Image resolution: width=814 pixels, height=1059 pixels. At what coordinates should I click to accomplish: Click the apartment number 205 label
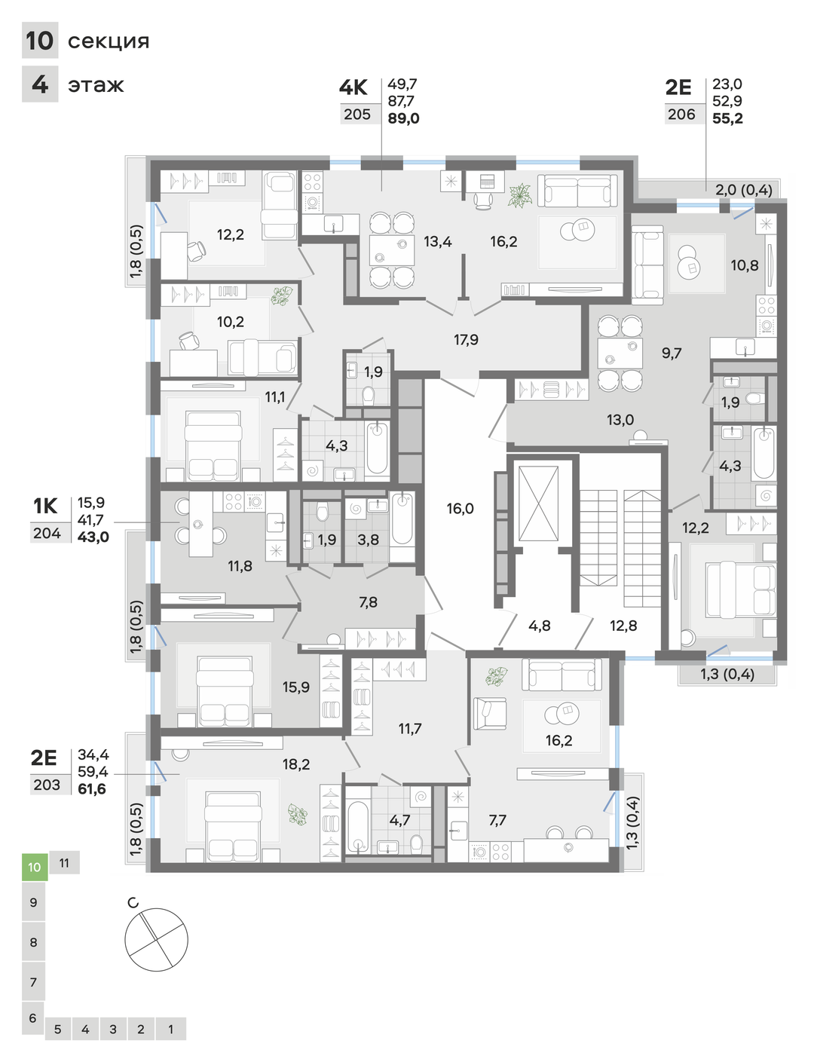pos(357,114)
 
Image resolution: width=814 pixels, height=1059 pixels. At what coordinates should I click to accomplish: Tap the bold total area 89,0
pos(403,118)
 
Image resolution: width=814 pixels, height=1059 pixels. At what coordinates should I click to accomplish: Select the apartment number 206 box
pos(681,114)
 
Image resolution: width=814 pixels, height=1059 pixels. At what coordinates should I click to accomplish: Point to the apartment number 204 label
pos(47,533)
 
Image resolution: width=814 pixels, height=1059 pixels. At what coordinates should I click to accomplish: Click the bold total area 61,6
pos(92,788)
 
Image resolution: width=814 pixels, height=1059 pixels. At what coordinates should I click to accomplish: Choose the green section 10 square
pos(35,867)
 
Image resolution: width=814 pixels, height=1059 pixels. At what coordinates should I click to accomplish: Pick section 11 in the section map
pos(64,863)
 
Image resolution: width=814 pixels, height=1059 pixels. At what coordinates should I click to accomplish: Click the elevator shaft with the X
pos(538,503)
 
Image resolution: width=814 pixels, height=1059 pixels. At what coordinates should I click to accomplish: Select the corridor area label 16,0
pos(461,509)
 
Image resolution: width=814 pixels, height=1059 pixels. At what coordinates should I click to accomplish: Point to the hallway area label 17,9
pos(467,340)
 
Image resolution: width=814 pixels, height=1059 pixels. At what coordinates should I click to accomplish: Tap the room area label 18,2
pos(296,764)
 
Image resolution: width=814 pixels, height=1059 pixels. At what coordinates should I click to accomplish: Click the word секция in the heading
pos(109,41)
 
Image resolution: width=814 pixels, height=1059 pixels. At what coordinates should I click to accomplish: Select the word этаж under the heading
pos(96,85)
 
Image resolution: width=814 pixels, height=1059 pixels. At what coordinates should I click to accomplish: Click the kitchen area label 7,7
pos(497,820)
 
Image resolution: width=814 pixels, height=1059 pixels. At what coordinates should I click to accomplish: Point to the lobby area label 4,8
pos(539,626)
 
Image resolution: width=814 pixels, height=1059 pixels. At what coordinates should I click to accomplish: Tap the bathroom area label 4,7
pos(399,820)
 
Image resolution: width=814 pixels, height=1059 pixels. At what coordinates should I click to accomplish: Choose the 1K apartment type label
pos(45,507)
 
